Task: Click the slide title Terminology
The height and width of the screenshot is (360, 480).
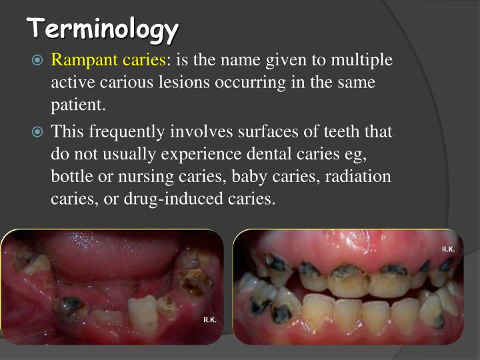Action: tap(103, 29)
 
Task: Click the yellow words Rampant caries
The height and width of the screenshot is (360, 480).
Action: tap(109, 61)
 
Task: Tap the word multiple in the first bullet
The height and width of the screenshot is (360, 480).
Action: tap(359, 61)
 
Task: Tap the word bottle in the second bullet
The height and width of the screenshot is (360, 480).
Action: tap(70, 177)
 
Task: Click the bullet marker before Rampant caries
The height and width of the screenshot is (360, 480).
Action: tap(38, 61)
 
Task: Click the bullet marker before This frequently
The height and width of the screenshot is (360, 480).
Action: tap(38, 131)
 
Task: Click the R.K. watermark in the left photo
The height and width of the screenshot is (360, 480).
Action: tap(209, 320)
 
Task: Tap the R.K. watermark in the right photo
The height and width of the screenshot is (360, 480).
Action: tap(448, 249)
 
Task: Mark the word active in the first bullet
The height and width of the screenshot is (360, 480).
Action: tap(71, 83)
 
